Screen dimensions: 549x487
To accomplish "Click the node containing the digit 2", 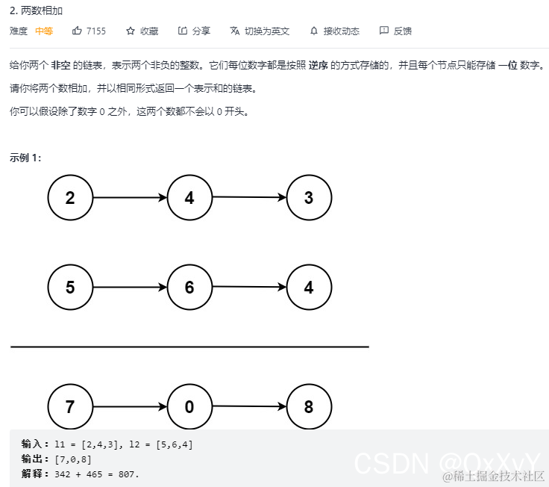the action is click(x=70, y=198).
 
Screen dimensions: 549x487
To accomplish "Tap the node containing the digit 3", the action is click(x=309, y=198).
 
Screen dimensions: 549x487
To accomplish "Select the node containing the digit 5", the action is click(x=70, y=288).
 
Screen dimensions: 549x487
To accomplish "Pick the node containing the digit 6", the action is click(x=189, y=288).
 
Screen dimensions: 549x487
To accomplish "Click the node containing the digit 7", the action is click(x=70, y=407).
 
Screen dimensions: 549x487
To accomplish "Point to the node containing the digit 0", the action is click(x=189, y=407).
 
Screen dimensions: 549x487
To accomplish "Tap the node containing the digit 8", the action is click(x=309, y=407).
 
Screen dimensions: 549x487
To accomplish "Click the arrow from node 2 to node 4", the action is click(x=130, y=198).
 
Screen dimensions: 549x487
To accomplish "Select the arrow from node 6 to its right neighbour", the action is click(x=249, y=288).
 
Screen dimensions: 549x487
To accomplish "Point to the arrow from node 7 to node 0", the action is click(x=130, y=407).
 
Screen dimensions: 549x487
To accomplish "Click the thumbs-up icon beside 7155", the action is click(x=77, y=31).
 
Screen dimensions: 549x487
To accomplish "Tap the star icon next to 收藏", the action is click(x=131, y=31).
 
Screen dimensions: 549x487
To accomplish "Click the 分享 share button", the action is click(x=195, y=31).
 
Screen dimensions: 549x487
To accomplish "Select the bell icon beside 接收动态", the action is click(x=314, y=31).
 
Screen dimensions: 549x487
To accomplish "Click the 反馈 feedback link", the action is click(x=395, y=31).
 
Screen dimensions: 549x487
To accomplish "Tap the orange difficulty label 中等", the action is click(x=44, y=31).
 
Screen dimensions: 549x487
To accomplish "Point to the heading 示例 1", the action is click(x=26, y=158).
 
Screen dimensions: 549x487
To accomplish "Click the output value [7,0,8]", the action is click(x=73, y=459).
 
